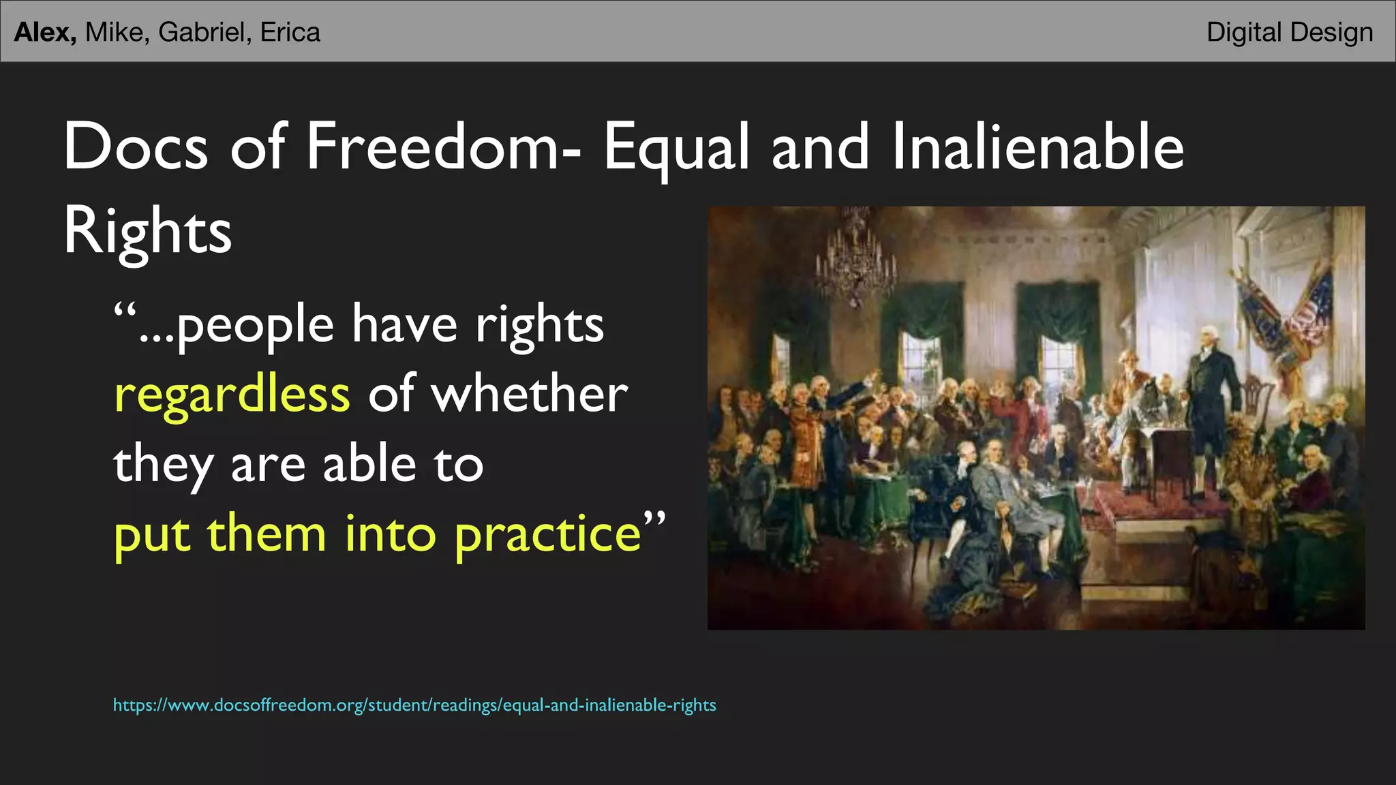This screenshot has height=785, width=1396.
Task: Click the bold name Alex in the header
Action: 44,32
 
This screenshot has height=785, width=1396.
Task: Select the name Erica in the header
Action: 290,32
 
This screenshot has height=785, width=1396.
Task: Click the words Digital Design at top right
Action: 1289,32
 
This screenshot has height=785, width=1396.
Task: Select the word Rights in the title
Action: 147,232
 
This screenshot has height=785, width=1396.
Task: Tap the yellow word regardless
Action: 232,395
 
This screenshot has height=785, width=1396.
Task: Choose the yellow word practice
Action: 547,535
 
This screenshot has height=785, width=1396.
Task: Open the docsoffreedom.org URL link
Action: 414,705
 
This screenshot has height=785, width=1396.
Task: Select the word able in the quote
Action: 369,463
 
